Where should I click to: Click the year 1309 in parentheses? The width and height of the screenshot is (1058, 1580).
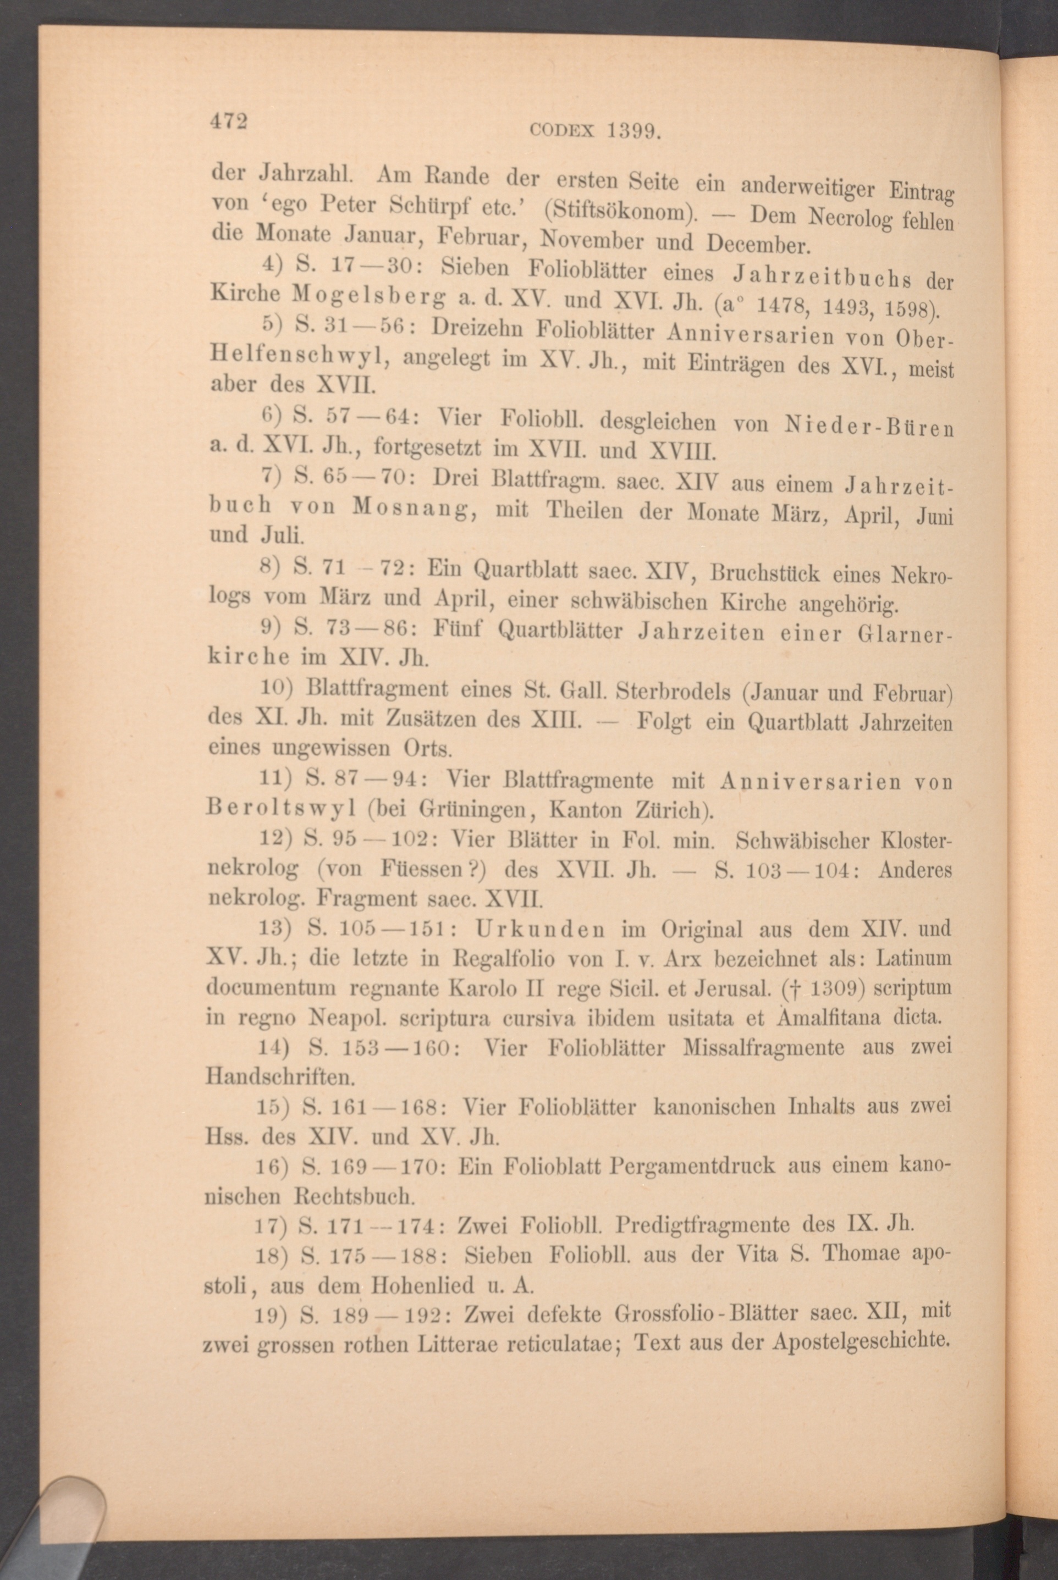click(x=832, y=988)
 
